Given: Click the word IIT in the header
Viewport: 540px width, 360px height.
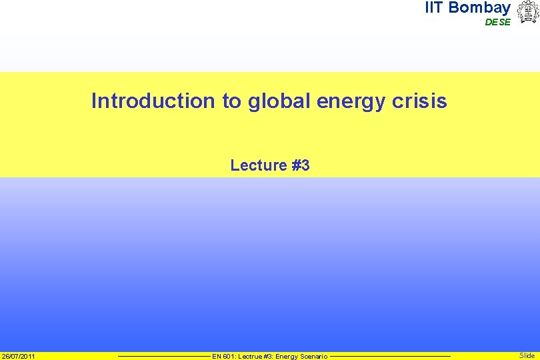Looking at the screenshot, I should point(435,8).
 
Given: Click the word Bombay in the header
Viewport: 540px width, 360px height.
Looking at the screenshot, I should point(480,8).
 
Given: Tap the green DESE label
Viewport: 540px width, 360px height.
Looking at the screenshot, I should point(497,22).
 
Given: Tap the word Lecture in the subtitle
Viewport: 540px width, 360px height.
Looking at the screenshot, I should point(258,165).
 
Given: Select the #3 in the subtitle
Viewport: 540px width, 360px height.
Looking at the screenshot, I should point(301,165).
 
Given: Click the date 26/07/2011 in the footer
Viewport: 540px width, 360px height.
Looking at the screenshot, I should point(19,356).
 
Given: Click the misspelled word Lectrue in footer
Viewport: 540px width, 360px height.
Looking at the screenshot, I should point(248,357).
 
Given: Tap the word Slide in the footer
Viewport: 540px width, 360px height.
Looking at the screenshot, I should point(527,356).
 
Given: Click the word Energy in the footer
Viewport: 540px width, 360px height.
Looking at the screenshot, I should point(287,357).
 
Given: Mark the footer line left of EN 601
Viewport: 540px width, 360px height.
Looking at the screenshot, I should point(163,356).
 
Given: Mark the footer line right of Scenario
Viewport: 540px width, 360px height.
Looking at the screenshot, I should point(390,356).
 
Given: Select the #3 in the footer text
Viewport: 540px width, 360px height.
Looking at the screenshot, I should point(267,357).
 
